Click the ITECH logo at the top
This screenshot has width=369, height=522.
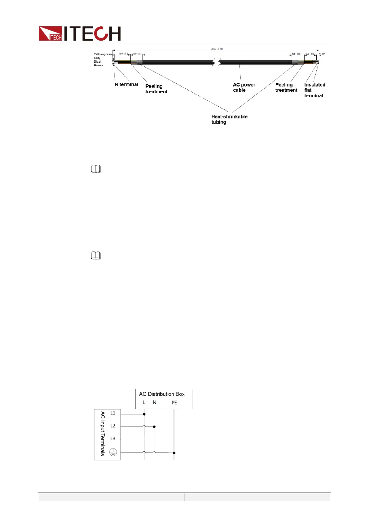80,33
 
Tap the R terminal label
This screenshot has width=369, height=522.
126,85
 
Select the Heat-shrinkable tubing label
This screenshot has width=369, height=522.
229,119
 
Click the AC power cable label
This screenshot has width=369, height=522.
244,87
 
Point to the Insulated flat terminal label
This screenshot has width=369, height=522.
314,90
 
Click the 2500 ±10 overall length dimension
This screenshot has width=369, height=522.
217,49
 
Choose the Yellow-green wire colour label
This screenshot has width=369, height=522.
103,54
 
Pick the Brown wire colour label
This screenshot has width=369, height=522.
98,65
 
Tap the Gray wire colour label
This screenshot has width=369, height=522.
97,58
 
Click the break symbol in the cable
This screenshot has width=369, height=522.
216,62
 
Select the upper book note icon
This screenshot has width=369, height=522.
96,169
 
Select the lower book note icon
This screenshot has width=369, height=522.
96,256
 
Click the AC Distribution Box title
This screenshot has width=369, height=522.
162,394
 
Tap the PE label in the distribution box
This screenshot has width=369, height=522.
174,403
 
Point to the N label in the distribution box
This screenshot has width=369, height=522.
154,403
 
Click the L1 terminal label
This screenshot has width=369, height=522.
113,413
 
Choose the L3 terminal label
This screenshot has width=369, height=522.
113,439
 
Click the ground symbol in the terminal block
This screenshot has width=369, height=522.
113,452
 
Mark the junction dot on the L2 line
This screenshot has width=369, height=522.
154,427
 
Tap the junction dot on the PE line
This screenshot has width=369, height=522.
174,453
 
